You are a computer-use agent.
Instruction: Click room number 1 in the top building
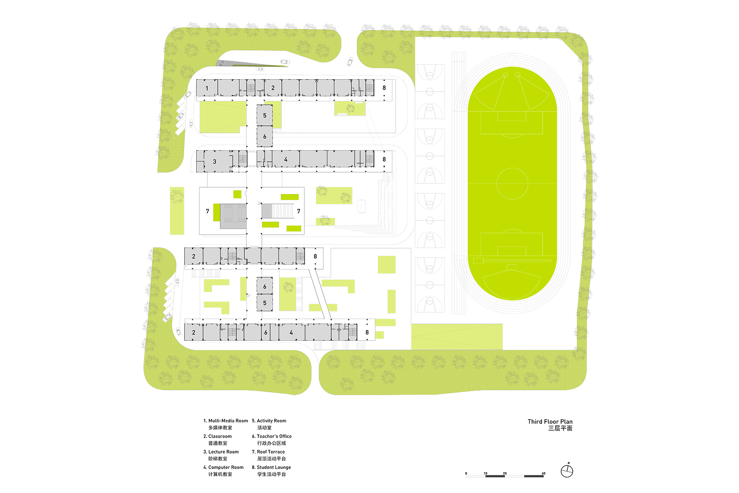pyautogui.click(x=207, y=88)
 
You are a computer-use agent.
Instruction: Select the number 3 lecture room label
pyautogui.click(x=214, y=161)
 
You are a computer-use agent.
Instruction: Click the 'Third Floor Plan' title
pyautogui.click(x=550, y=422)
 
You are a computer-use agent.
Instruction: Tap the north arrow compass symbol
pyautogui.click(x=567, y=471)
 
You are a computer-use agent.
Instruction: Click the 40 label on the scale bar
pyautogui.click(x=543, y=473)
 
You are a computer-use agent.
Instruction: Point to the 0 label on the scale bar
pyautogui.click(x=466, y=473)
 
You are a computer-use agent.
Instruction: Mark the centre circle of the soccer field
pyautogui.click(x=512, y=183)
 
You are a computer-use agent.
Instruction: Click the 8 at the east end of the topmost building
pyautogui.click(x=384, y=88)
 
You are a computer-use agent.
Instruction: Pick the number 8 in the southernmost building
pyautogui.click(x=367, y=332)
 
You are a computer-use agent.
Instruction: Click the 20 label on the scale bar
pyautogui.click(x=505, y=473)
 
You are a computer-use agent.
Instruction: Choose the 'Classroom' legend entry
pyautogui.click(x=220, y=436)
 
